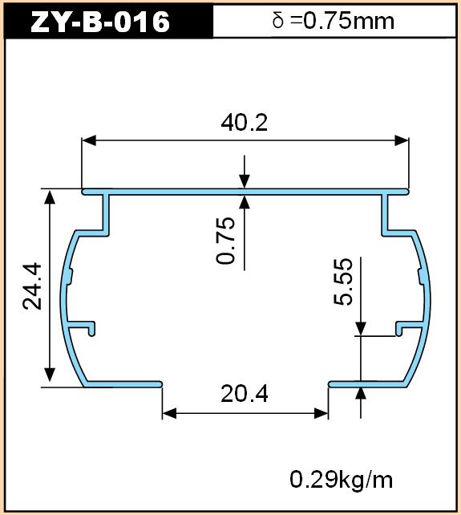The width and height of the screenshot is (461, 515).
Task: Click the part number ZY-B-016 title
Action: pyautogui.click(x=100, y=22)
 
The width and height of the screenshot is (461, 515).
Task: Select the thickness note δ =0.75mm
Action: pyautogui.click(x=334, y=21)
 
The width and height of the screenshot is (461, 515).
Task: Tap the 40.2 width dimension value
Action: pyautogui.click(x=245, y=123)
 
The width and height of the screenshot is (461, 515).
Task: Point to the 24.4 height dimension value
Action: pyautogui.click(x=32, y=286)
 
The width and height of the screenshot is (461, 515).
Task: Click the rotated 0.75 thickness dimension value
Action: pyautogui.click(x=226, y=241)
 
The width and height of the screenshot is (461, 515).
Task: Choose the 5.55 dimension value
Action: pyautogui.click(x=343, y=282)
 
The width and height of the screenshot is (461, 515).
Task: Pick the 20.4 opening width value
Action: pyautogui.click(x=245, y=394)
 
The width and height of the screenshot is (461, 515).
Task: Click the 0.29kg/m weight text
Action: pyautogui.click(x=342, y=480)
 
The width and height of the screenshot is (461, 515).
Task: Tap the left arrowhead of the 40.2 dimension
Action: pyautogui.click(x=89, y=140)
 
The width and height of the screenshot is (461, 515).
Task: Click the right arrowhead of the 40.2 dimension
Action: pyautogui.click(x=402, y=140)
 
